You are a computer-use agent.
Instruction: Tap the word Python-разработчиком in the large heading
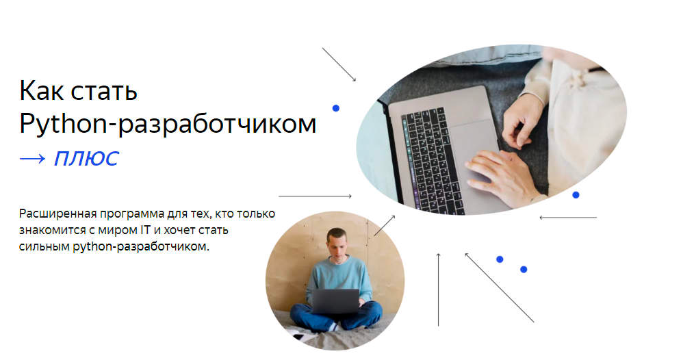click(x=168, y=124)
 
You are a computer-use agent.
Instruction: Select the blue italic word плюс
click(x=86, y=159)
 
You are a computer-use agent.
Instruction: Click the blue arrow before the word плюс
click(x=33, y=159)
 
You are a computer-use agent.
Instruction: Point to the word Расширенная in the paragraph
click(x=57, y=214)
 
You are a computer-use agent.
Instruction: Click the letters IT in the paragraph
click(x=145, y=230)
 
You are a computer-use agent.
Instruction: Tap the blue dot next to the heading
click(x=336, y=108)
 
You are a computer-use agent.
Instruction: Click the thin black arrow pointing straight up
click(x=438, y=290)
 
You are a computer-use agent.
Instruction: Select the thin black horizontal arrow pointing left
click(x=568, y=218)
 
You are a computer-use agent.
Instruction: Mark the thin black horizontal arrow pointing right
click(x=315, y=196)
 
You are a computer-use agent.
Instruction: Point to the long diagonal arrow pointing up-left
click(x=499, y=287)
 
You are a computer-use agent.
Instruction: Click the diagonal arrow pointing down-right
click(x=339, y=64)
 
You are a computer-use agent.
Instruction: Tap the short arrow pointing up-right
click(x=385, y=225)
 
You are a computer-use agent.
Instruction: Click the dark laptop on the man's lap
click(x=336, y=301)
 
